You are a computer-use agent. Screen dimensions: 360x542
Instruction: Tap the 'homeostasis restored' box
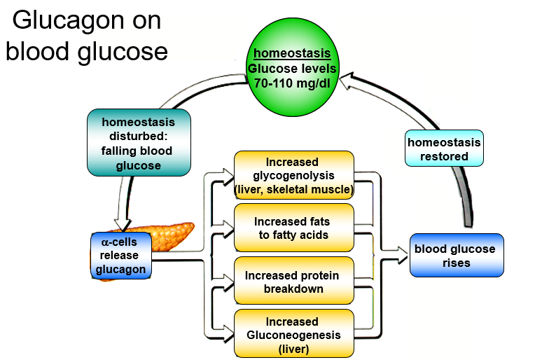[x=445, y=148]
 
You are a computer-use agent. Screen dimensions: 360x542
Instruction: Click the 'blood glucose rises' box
[x=456, y=256]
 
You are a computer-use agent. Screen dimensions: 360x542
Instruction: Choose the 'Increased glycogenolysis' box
[x=293, y=175]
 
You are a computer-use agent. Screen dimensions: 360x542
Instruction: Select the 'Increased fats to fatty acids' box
[x=293, y=228]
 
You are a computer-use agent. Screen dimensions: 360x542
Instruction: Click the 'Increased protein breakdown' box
[x=293, y=282]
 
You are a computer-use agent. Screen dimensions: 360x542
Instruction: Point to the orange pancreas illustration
[x=175, y=235]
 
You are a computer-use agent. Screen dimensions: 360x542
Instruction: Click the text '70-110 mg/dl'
[x=293, y=83]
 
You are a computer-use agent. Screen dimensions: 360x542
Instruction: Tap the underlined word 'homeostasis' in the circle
[x=292, y=54]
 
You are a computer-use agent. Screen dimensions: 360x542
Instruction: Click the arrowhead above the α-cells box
[x=122, y=225]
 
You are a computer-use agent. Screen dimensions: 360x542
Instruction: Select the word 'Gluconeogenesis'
[x=293, y=335]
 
